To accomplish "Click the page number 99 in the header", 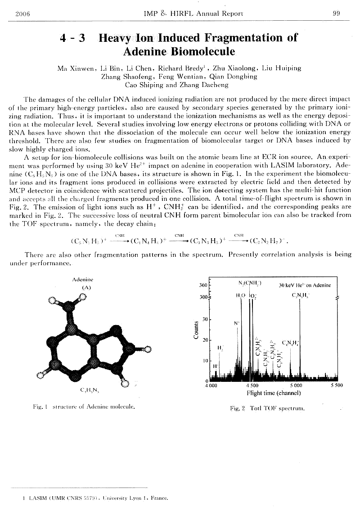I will click(x=336, y=13).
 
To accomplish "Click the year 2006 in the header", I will click(x=22, y=13).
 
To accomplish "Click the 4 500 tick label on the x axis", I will click(x=252, y=385).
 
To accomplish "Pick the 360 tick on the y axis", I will click(x=202, y=285).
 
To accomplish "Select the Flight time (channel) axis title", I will click(x=274, y=393).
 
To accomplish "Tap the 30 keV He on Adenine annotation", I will click(x=305, y=285).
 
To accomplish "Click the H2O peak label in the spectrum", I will click(x=240, y=296).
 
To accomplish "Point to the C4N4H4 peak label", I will click(x=291, y=343).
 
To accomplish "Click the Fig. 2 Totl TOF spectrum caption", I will click(x=267, y=408).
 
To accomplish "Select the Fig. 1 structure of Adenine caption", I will click(x=84, y=407).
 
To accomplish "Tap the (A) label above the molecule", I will click(x=86, y=287).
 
